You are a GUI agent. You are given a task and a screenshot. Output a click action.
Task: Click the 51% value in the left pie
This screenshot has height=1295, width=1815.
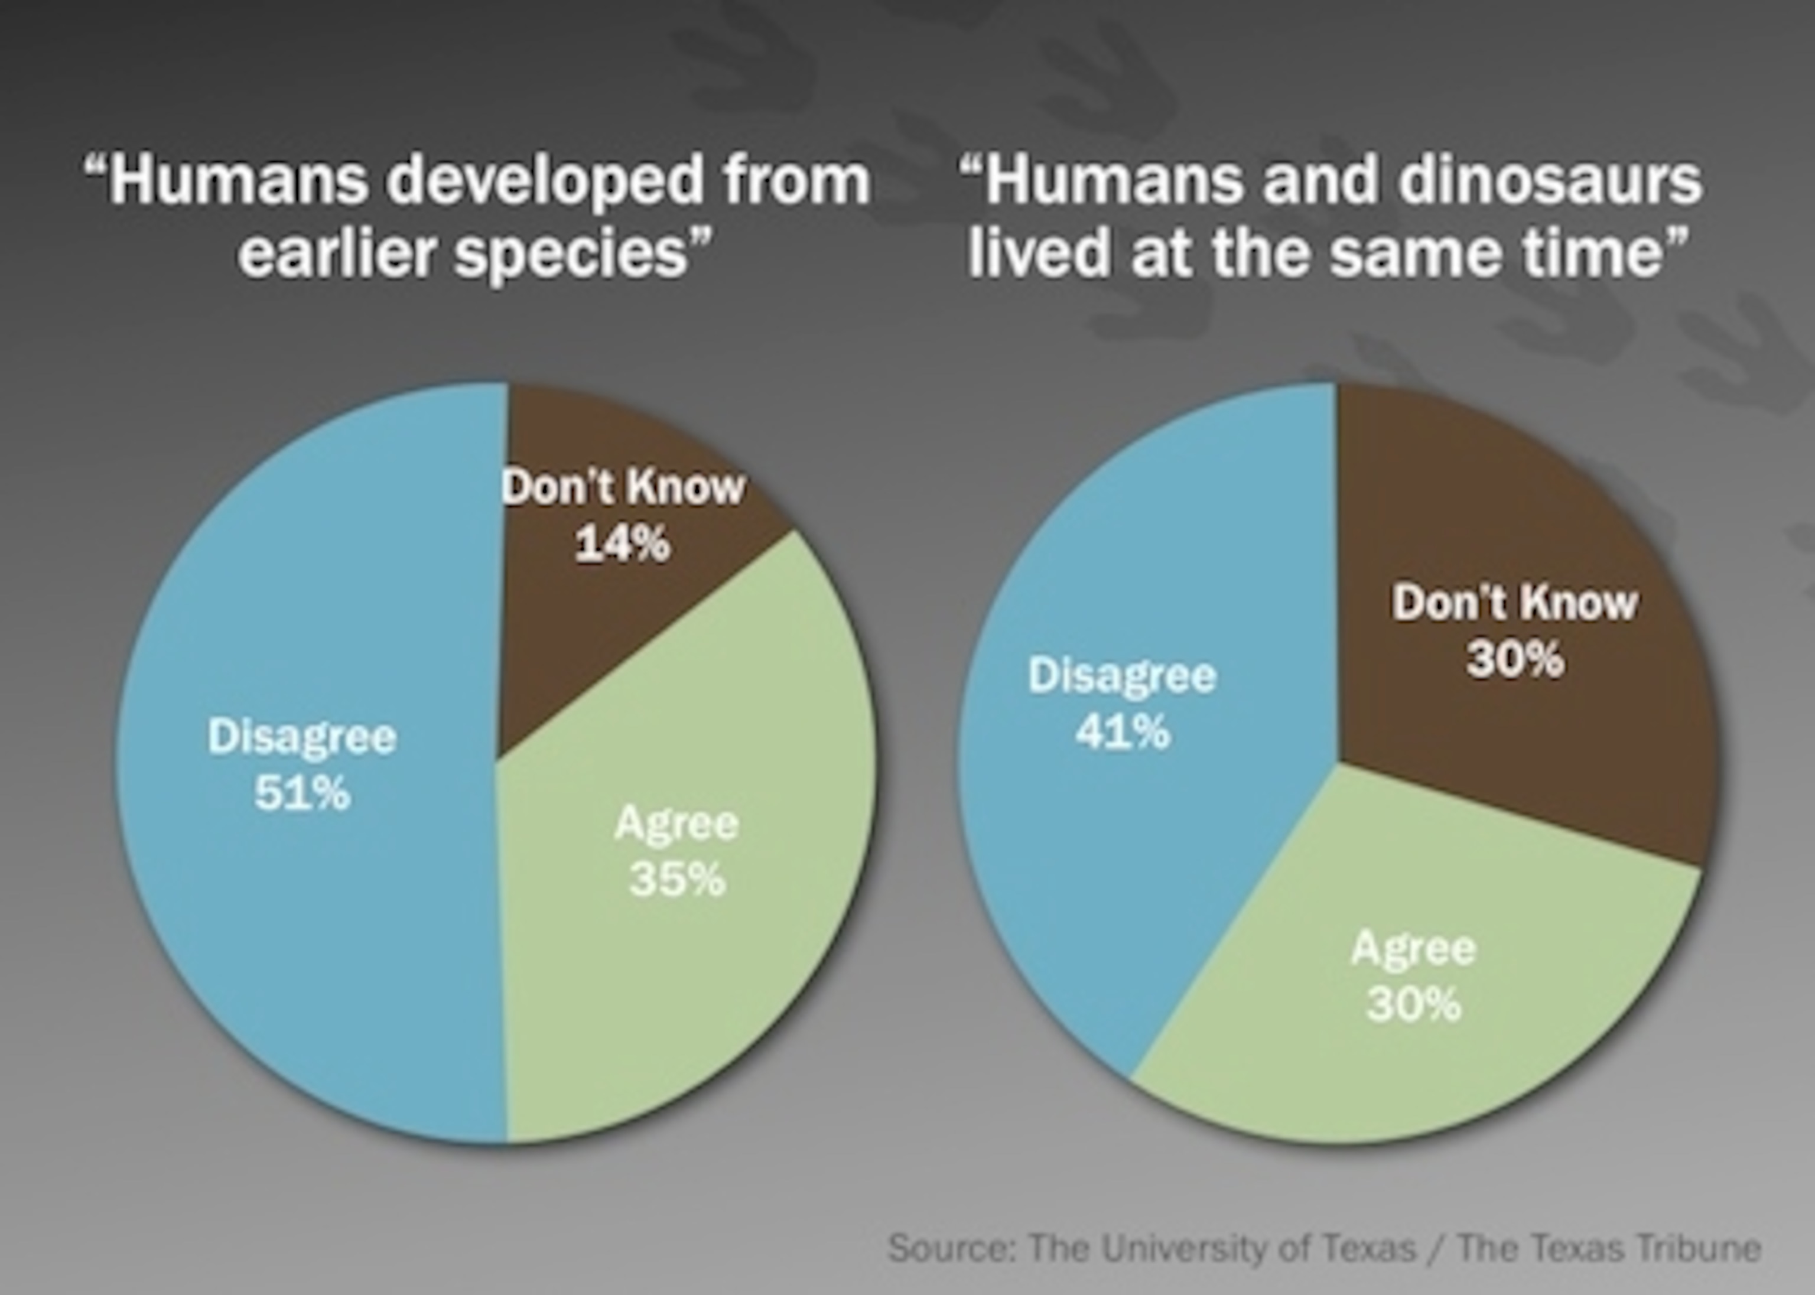302,793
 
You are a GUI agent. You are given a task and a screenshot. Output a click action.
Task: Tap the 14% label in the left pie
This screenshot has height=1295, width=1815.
622,545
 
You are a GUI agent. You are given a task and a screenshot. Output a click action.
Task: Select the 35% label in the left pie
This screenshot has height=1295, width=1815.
677,880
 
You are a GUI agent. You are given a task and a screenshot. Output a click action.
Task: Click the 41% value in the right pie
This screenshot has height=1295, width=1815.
1123,731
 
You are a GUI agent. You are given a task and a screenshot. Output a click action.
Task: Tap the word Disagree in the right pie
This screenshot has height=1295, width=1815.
1123,676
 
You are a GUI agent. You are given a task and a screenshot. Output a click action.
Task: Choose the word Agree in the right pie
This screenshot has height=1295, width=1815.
1414,949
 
